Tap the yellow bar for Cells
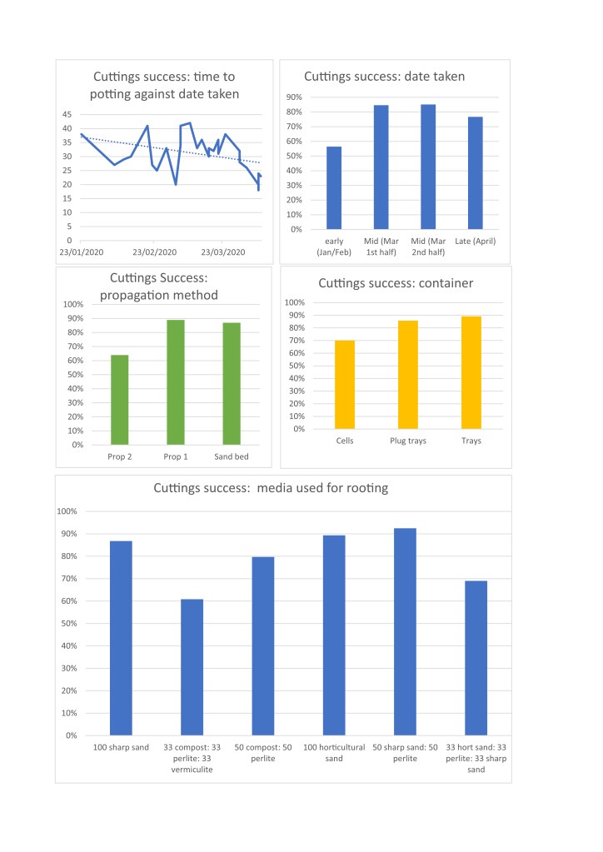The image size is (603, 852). pyautogui.click(x=345, y=385)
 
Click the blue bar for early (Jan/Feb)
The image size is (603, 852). pyautogui.click(x=334, y=187)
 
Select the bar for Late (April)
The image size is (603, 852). pyautogui.click(x=475, y=172)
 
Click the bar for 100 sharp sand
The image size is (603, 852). pyautogui.click(x=121, y=638)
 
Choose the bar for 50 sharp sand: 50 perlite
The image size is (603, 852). pyautogui.click(x=405, y=631)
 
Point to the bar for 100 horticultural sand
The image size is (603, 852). pyautogui.click(x=334, y=635)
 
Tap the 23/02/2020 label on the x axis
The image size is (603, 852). pyautogui.click(x=154, y=252)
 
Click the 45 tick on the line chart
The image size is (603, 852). pyautogui.click(x=67, y=114)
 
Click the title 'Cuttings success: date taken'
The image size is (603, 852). pyautogui.click(x=384, y=77)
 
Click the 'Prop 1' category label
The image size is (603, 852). pyautogui.click(x=175, y=457)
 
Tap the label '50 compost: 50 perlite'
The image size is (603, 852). pyautogui.click(x=263, y=753)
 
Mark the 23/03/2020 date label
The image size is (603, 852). pyautogui.click(x=223, y=252)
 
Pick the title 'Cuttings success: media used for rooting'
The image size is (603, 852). pyautogui.click(x=271, y=488)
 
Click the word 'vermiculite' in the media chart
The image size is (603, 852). pyautogui.click(x=192, y=770)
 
